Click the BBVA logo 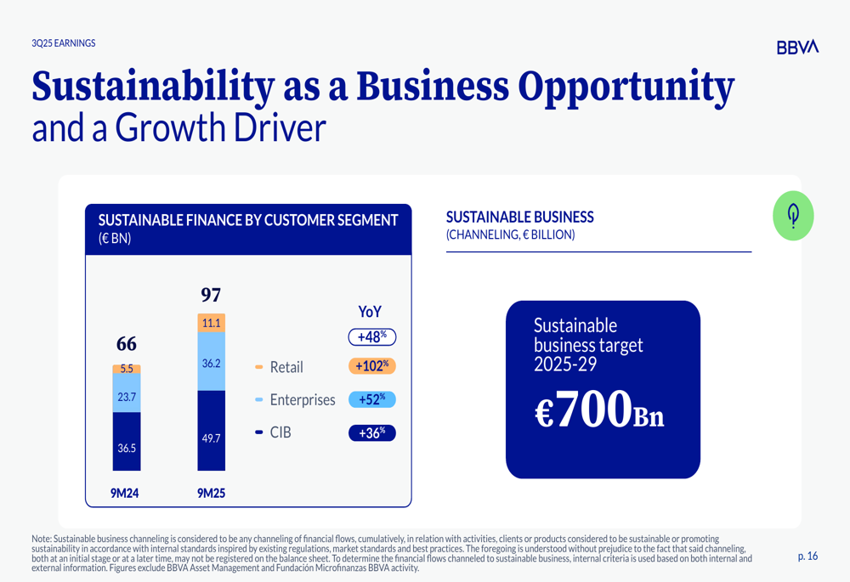[796, 48]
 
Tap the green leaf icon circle [793, 216]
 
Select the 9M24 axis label [125, 492]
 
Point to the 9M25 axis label [211, 492]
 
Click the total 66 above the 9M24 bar [127, 344]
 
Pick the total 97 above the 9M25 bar [211, 295]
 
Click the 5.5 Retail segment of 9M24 [127, 370]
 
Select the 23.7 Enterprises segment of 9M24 [127, 396]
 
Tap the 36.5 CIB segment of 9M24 [127, 447]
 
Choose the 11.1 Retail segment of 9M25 [212, 323]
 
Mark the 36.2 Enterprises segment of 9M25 [212, 363]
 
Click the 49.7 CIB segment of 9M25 [212, 438]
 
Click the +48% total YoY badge [372, 337]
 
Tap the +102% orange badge [372, 366]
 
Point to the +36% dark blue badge [372, 433]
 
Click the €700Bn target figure [599, 410]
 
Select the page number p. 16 [807, 557]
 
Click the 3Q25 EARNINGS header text [64, 43]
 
